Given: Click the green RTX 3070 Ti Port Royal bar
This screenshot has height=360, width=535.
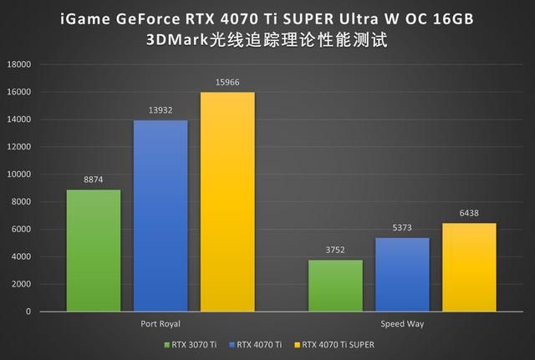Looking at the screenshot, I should tap(94, 251).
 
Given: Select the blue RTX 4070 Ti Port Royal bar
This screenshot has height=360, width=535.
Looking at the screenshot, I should tap(160, 215).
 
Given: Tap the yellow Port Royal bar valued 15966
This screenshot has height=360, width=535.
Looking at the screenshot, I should tap(227, 201).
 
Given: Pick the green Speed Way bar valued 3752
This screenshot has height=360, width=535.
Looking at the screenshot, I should tap(335, 286).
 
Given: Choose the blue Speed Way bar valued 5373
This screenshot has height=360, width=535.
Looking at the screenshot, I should tap(402, 275).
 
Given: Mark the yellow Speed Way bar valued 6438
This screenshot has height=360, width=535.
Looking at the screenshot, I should tap(469, 267).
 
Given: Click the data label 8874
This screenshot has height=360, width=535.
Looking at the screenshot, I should tap(94, 180).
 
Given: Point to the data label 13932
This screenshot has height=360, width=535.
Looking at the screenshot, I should tap(160, 111).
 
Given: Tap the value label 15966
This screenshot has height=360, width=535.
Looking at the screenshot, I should tap(227, 83).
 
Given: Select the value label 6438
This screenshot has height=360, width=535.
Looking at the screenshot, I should tap(469, 214).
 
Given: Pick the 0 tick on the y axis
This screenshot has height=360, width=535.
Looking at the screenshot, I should tap(28, 312).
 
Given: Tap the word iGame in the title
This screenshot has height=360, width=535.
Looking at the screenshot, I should tap(84, 18).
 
